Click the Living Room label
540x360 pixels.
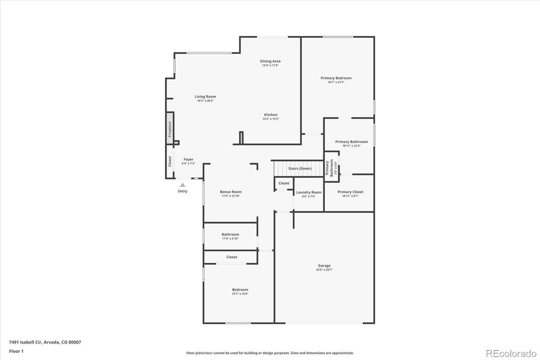206,97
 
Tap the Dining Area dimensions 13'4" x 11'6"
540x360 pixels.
270,66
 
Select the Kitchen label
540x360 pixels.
271,114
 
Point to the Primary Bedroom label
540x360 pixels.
336,78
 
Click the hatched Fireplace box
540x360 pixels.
170,128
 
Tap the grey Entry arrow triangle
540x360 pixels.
183,185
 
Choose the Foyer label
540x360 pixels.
189,159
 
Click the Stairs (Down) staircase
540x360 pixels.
298,169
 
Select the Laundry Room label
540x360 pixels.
309,192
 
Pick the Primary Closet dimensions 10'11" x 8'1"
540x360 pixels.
350,196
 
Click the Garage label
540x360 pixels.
324,265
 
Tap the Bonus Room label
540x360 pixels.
231,192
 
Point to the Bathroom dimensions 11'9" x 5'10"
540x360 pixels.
231,239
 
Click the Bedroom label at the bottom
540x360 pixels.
240,289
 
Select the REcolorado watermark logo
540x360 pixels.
511,354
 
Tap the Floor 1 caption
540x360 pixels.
17,351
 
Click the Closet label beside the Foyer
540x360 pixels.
170,161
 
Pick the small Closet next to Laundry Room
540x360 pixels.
284,183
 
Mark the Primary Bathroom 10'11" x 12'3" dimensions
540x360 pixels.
351,146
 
